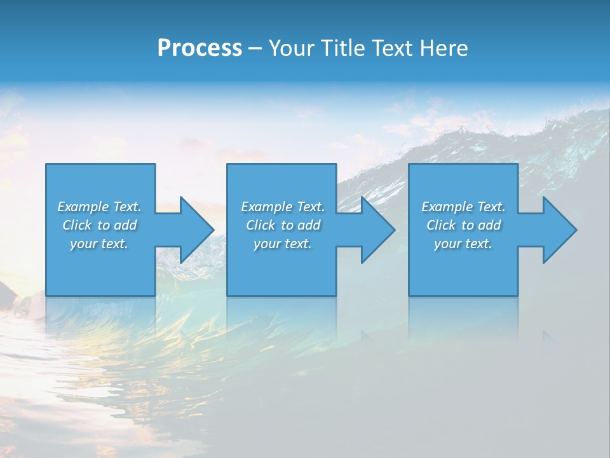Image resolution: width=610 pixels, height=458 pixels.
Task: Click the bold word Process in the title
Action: point(200,48)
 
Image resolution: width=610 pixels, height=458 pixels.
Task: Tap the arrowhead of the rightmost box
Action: point(559,230)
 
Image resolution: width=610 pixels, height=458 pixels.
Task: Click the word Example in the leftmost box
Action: point(83,207)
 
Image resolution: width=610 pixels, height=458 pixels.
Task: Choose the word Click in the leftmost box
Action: point(77,225)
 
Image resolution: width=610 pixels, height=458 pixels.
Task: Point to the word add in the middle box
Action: point(309,225)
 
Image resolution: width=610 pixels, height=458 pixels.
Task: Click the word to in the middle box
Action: point(288,225)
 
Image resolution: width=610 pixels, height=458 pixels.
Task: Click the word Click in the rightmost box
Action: point(441,225)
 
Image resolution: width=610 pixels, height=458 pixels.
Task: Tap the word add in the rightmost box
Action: point(490,225)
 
